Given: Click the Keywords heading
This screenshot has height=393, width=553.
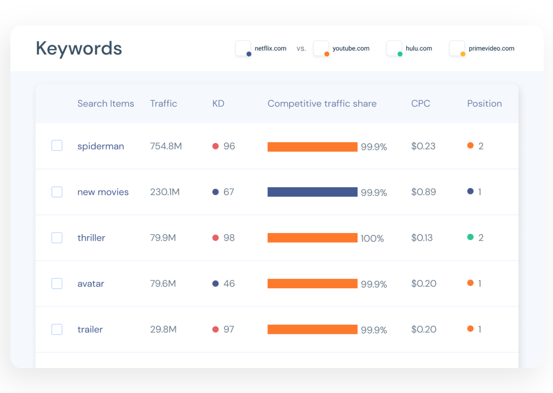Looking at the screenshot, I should point(79,49).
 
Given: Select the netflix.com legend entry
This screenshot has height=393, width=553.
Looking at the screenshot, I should point(270,49).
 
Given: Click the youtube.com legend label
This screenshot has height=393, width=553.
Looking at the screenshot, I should point(350,49).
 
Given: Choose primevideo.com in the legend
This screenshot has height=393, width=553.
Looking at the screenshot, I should point(491,49).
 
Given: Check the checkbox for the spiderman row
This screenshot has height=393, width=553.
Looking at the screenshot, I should point(57,146).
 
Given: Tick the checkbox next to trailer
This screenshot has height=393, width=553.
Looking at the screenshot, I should point(57,329).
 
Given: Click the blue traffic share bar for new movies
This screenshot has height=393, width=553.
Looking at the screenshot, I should point(312,192).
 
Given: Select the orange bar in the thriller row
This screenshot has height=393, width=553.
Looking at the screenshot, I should point(312,238).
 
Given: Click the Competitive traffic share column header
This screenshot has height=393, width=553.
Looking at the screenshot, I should point(322,104).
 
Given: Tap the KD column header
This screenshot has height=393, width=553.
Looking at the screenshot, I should point(218,104).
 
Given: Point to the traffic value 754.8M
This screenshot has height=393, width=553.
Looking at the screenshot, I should point(166,146).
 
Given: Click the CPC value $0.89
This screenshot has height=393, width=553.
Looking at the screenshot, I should point(423,192).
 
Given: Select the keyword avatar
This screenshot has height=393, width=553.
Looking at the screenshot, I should point(90,284).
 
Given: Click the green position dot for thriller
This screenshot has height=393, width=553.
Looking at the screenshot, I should point(470,237).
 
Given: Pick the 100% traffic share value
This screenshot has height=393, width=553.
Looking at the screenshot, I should point(372,238).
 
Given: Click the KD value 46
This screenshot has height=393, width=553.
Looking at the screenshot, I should point(229,284).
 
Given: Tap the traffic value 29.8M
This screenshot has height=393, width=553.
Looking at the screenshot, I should point(163,329).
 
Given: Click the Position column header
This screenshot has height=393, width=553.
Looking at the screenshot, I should point(484,104).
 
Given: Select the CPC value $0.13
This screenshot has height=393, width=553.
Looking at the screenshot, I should point(422,238).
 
